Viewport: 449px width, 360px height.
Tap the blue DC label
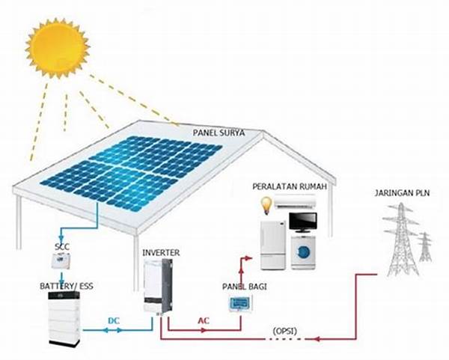click(x=114, y=320)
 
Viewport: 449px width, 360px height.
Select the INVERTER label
click(x=161, y=253)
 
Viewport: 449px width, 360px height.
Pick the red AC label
click(x=204, y=320)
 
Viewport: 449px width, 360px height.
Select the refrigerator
click(x=272, y=243)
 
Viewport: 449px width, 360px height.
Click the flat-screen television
click(x=303, y=222)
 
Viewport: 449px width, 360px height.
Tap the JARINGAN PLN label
click(x=402, y=194)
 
